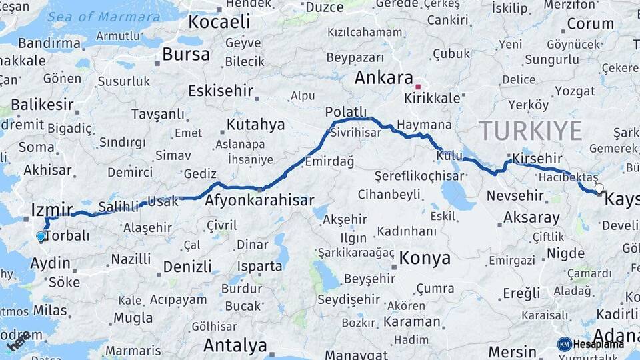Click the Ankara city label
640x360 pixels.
[383, 77]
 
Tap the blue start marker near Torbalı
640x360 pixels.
[41, 236]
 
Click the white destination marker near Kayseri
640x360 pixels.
[599, 189]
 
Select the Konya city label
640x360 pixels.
[425, 258]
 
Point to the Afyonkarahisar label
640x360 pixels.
[259, 199]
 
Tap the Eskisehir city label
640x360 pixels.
[220, 90]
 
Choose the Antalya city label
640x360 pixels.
[235, 345]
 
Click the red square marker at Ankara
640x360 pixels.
[418, 87]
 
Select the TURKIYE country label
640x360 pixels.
[531, 131]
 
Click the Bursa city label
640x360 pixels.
[186, 54]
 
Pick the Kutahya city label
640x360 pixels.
[255, 125]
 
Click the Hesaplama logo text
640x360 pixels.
[597, 344]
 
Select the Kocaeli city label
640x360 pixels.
[219, 21]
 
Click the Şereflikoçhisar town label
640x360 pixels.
[419, 176]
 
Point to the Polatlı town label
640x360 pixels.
[346, 111]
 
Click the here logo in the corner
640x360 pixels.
[18, 341]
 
